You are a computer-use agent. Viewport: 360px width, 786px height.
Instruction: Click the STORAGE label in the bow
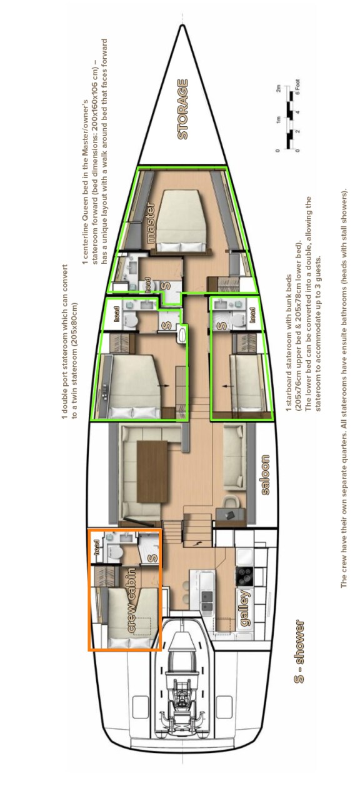coord(182,109)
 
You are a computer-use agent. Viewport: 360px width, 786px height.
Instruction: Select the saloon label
coord(265,475)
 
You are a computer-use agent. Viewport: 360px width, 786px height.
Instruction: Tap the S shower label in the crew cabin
coord(150,553)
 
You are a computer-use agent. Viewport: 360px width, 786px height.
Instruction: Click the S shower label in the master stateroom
coord(166,285)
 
